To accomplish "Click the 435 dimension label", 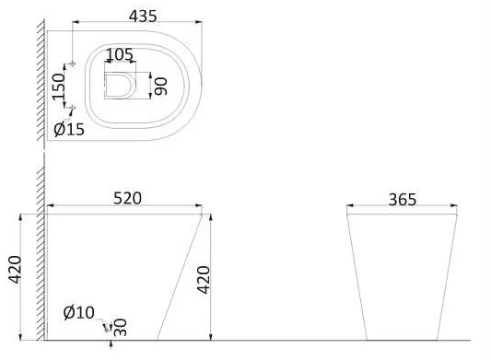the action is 143,17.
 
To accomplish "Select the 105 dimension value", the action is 120,55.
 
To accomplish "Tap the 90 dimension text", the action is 161,87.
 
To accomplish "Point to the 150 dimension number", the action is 59,87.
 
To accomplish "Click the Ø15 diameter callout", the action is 69,129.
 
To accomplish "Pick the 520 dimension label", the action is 127,199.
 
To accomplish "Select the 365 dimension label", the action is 403,200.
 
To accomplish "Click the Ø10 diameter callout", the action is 79,312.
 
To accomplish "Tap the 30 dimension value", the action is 121,328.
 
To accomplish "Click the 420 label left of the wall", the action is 15,270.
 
